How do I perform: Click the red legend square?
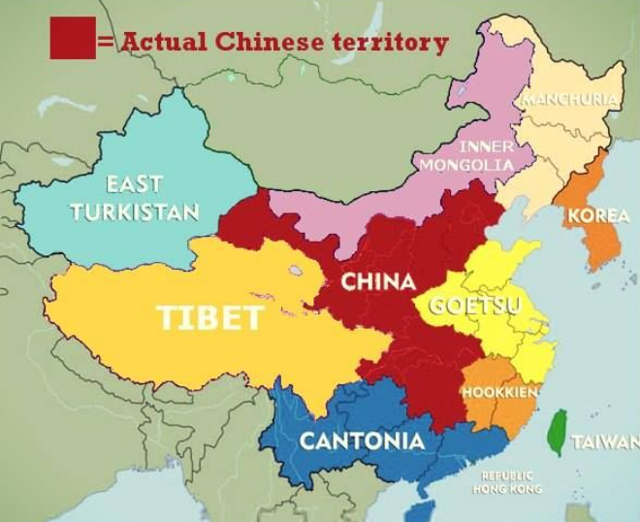[x=73, y=38]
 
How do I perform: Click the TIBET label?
[x=210, y=317]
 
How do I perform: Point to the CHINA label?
[x=378, y=282]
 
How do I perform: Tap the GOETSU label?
[x=475, y=306]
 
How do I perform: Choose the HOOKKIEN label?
[x=499, y=392]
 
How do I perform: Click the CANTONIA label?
[x=361, y=441]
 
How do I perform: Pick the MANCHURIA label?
[x=571, y=99]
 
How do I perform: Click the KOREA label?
[x=598, y=215]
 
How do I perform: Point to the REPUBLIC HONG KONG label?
[x=507, y=482]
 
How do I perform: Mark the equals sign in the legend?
[x=106, y=42]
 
